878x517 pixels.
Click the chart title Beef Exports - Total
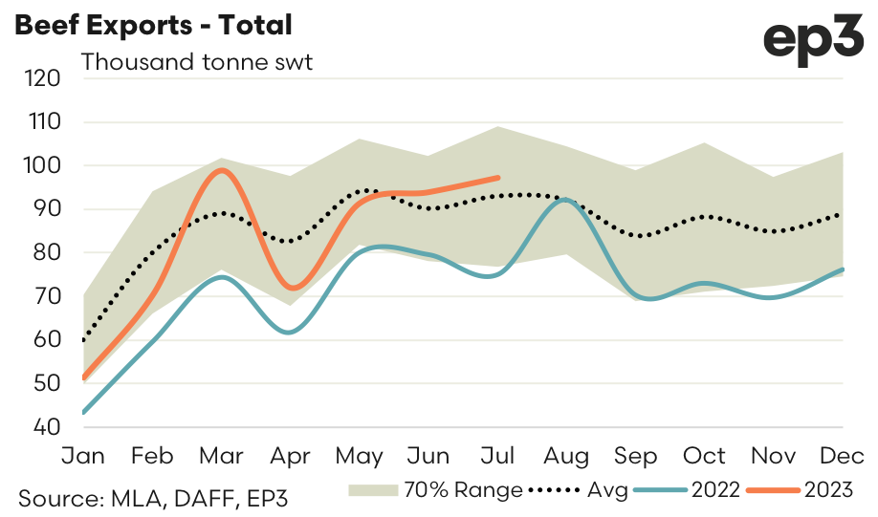coord(152,24)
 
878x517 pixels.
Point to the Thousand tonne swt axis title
coord(197,63)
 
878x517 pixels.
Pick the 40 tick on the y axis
coord(47,427)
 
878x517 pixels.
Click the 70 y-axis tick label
coord(47,296)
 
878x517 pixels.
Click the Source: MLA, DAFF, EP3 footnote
coord(154,498)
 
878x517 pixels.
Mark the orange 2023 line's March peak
coord(222,170)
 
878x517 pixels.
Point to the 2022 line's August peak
coord(566,200)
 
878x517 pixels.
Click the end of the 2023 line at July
coord(498,177)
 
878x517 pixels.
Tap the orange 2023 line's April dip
coord(291,288)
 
